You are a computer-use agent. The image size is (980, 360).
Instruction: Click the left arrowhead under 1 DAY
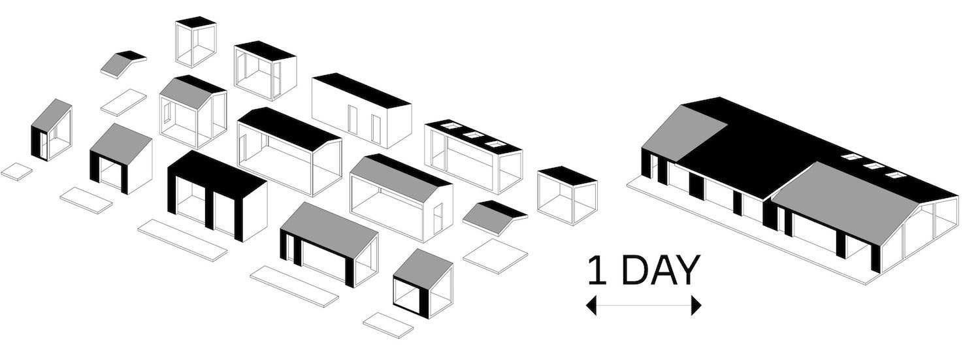point(591,305)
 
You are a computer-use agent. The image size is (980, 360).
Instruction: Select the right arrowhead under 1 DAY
point(696,305)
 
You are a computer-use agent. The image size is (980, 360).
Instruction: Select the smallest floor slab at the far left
point(16,171)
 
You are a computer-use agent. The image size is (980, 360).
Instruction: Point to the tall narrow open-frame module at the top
point(195,42)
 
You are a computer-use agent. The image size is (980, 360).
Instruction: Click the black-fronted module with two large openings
point(216,196)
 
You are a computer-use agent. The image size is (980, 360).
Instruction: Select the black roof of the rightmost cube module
point(567,174)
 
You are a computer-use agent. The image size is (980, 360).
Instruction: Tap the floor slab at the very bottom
point(389,325)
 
